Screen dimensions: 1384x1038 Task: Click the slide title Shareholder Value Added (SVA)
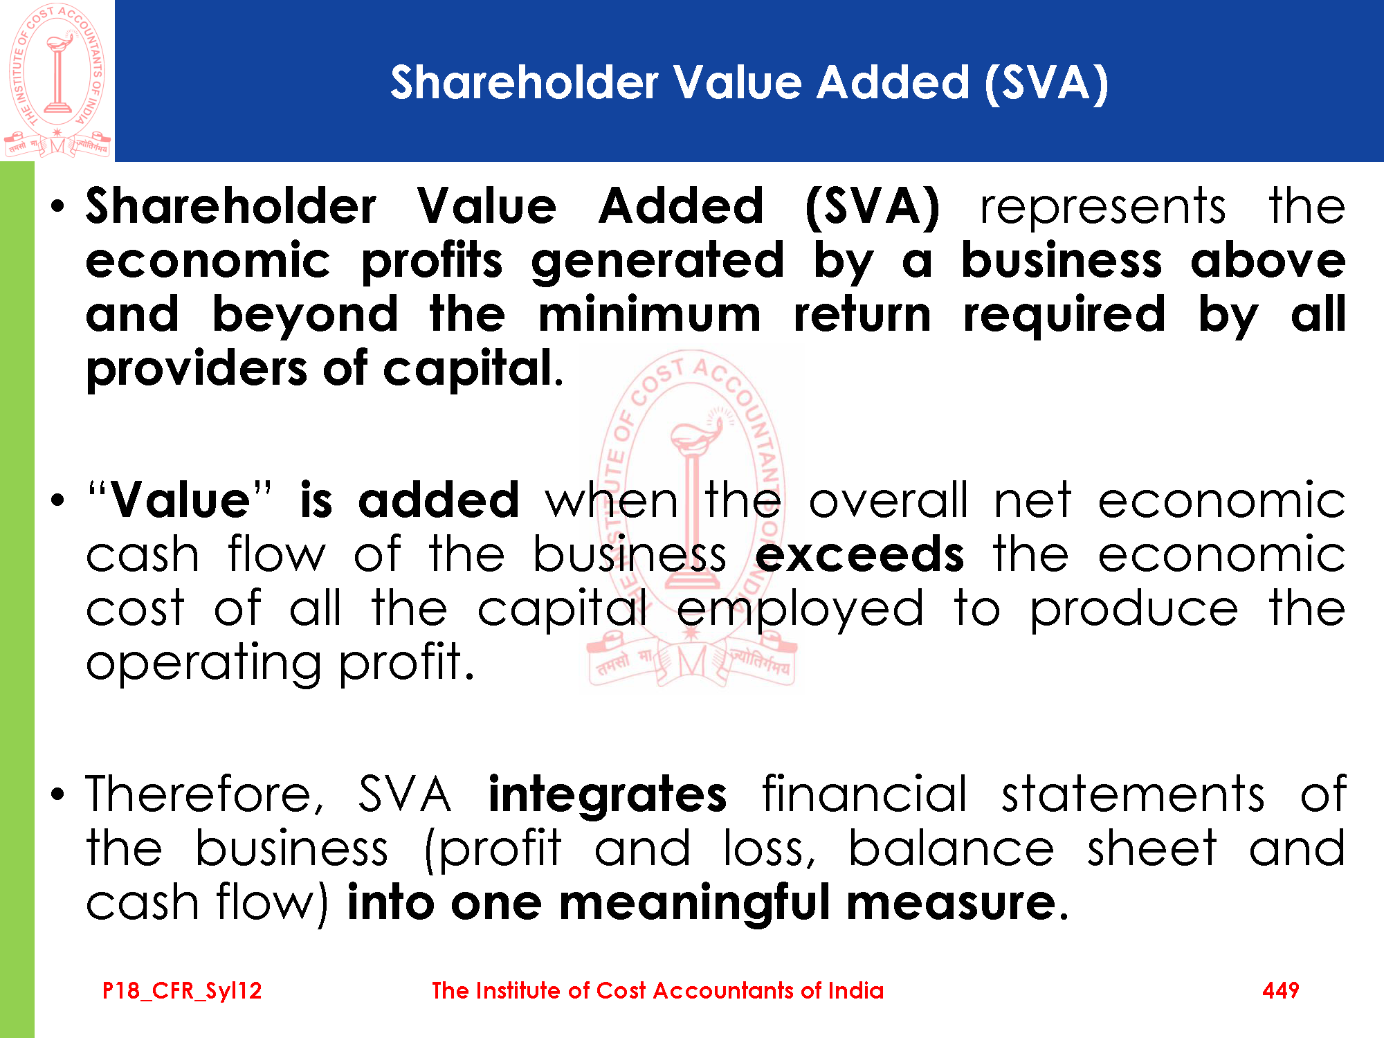pyautogui.click(x=749, y=84)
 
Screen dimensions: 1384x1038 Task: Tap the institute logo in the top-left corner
pyautogui.click(x=57, y=80)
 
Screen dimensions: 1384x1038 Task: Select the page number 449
pyautogui.click(x=1280, y=990)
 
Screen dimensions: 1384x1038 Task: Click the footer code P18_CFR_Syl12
pyautogui.click(x=182, y=991)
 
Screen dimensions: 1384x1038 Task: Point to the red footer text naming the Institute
pyautogui.click(x=657, y=990)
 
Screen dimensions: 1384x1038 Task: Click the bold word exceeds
pyautogui.click(x=859, y=555)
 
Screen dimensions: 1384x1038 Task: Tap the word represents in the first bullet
pyautogui.click(x=1103, y=208)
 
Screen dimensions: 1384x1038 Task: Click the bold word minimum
pyautogui.click(x=650, y=314)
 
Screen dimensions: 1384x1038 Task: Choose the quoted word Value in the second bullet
pyautogui.click(x=180, y=500)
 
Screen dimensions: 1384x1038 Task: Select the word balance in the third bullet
pyautogui.click(x=951, y=849)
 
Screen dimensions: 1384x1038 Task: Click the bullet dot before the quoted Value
pyautogui.click(x=59, y=500)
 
